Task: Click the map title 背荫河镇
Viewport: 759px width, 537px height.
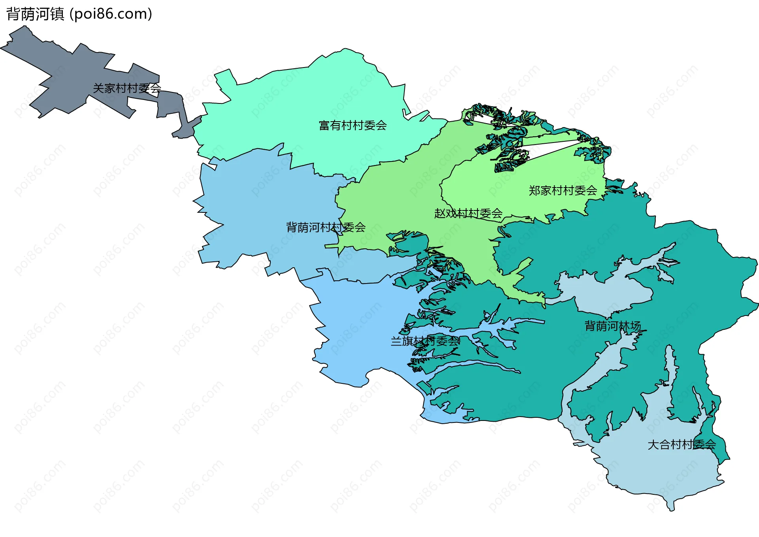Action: coord(35,14)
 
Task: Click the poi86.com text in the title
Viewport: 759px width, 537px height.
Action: coord(110,14)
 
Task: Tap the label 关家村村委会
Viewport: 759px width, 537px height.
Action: coord(127,88)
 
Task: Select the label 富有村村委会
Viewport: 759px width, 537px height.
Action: coord(353,126)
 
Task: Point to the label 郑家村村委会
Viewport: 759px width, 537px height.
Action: coord(563,191)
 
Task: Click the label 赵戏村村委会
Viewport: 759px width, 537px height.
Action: coord(468,214)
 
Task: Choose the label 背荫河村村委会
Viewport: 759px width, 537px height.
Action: coord(326,227)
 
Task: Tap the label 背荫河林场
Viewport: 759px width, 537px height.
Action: coord(612,326)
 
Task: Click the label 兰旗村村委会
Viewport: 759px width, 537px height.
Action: coord(425,341)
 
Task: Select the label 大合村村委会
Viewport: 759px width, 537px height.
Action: coord(682,445)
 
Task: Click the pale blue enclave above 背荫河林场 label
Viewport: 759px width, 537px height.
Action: coord(609,292)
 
